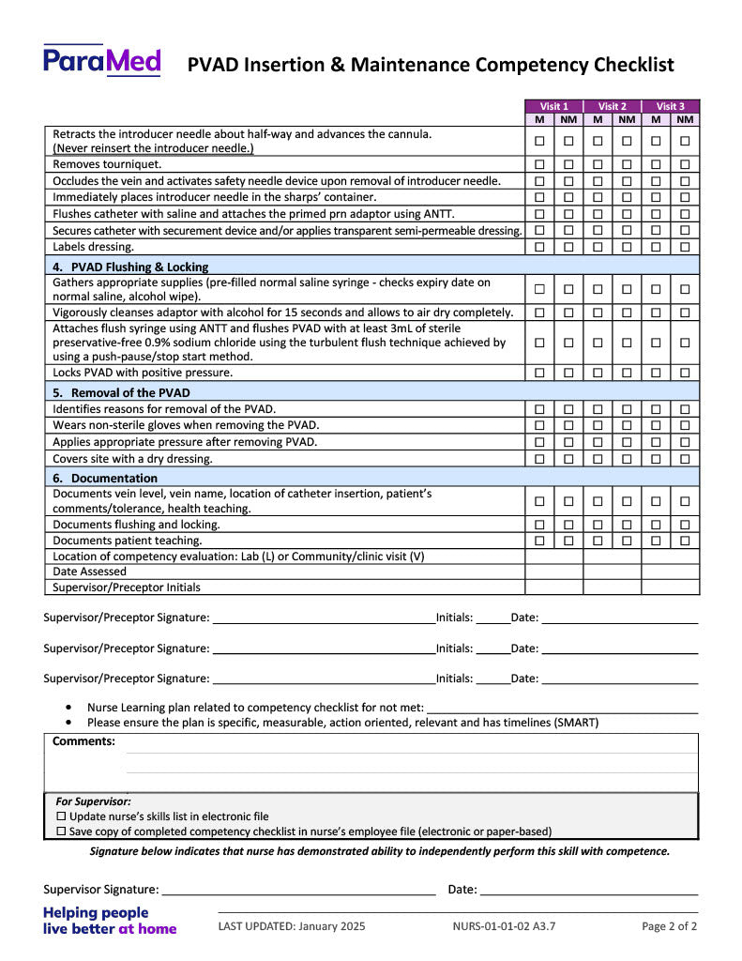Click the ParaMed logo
(101, 61)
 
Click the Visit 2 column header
(613, 106)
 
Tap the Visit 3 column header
(671, 106)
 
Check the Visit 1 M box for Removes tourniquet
(539, 164)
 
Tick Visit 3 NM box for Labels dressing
(685, 247)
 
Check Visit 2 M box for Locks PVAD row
(598, 373)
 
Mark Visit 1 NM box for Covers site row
(568, 459)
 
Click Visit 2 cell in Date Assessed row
(613, 572)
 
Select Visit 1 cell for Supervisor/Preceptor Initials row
(554, 587)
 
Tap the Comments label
(83, 741)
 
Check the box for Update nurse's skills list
(62, 816)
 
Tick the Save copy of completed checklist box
(62, 831)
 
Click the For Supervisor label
(93, 801)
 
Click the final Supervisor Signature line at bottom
(297, 890)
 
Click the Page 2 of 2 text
(669, 926)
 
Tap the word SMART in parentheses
(577, 723)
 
